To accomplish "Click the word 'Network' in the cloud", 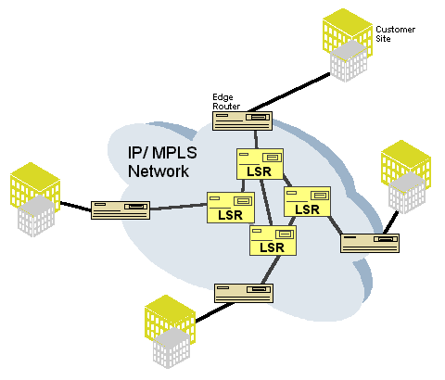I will click(159, 171).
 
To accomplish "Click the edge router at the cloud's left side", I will click(120, 210).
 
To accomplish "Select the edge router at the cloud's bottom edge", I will click(243, 293).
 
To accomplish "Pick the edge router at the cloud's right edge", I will click(368, 243).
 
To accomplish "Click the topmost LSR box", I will click(260, 165).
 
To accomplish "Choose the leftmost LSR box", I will click(230, 207).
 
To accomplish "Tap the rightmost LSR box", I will click(307, 202).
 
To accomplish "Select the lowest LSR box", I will click(272, 241).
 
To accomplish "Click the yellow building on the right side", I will click(407, 176).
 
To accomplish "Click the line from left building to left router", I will click(76, 206).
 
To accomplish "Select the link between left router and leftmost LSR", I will click(178, 208).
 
